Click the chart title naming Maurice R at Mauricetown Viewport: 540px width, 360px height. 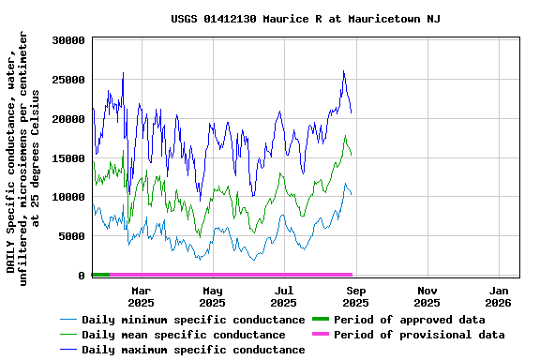(x=306, y=19)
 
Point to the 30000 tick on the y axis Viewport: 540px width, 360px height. (x=69, y=41)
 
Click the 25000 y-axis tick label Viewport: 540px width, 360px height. (x=69, y=81)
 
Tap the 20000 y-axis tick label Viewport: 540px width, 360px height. (x=69, y=119)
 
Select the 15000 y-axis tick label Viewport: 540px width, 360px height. (x=69, y=158)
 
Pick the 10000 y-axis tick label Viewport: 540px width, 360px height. (x=69, y=198)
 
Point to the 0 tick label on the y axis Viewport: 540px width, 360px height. (x=82, y=276)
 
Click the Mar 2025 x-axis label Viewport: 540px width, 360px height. (x=141, y=297)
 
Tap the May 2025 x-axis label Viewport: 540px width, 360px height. (x=212, y=297)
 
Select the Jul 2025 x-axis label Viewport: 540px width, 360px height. (x=283, y=297)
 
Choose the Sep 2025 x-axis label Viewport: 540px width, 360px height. (x=355, y=297)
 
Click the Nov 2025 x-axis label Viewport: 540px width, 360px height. (x=427, y=297)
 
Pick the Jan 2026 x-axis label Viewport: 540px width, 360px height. (x=498, y=297)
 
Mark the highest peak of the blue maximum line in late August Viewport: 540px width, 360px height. (x=343, y=71)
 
